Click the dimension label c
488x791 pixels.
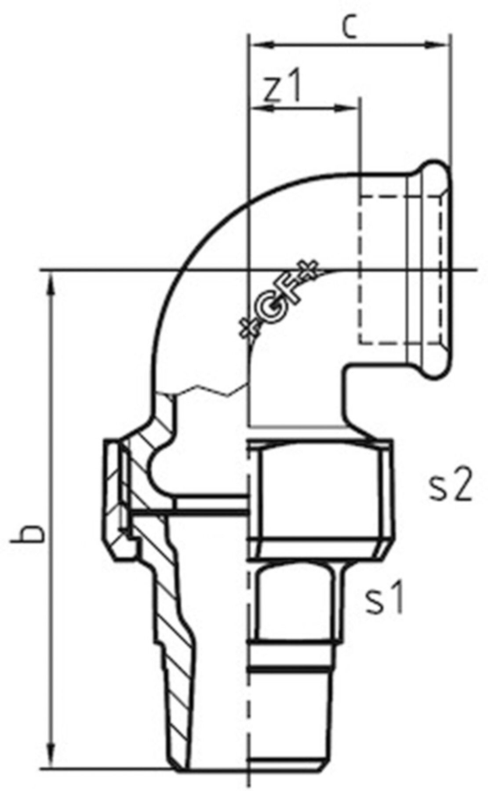point(349,27)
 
